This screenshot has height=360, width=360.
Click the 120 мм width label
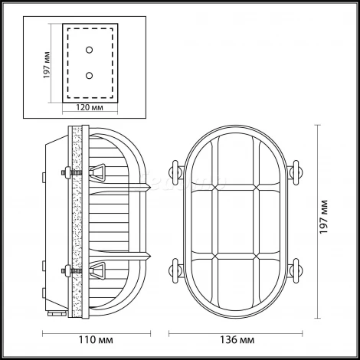click(x=90, y=107)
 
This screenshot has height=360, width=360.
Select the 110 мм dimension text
click(x=96, y=340)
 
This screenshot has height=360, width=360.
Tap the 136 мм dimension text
click(x=237, y=340)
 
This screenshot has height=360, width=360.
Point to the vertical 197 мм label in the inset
click(x=47, y=65)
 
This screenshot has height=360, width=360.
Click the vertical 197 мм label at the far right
click(x=323, y=217)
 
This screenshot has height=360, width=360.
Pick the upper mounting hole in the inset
click(x=89, y=50)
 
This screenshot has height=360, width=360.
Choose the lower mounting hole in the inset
click(x=89, y=76)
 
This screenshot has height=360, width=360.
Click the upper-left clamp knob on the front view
click(x=176, y=172)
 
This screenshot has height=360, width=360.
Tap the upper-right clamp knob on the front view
click(x=295, y=172)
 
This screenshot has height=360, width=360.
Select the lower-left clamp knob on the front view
click(x=176, y=270)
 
